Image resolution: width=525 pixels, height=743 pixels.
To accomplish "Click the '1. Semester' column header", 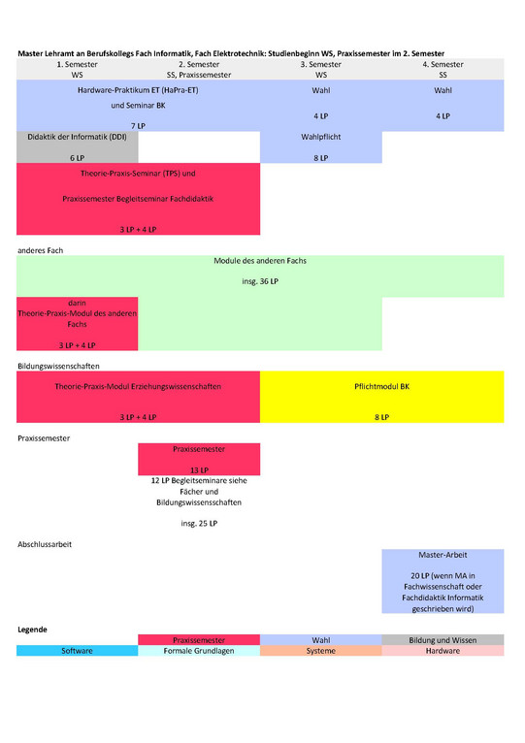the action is (x=77, y=64).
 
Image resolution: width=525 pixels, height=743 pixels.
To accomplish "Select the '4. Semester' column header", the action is (x=443, y=64).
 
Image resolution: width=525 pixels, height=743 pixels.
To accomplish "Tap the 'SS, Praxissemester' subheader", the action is (x=199, y=75).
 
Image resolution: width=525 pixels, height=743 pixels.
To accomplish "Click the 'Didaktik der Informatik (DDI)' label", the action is (x=77, y=137).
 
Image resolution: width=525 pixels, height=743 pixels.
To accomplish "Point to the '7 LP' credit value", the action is (x=138, y=126).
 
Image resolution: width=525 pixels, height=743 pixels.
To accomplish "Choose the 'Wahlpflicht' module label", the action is (x=321, y=137).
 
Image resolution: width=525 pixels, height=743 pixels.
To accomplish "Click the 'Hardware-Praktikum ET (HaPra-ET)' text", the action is (x=138, y=90).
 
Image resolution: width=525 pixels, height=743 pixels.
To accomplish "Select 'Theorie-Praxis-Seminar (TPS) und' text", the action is (x=138, y=174).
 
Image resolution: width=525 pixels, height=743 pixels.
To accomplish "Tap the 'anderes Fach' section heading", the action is (x=41, y=250).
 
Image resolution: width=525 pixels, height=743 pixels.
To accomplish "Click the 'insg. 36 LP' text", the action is (x=260, y=281).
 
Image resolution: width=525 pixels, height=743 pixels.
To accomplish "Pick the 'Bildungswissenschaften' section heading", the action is (x=58, y=367).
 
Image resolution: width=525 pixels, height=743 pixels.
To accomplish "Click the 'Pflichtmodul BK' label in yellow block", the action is (x=381, y=387).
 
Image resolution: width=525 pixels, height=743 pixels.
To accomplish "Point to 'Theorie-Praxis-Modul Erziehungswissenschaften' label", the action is (x=138, y=387).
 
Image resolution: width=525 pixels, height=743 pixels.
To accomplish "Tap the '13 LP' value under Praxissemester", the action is (x=199, y=470).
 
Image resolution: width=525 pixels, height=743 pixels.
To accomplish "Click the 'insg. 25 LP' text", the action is (x=199, y=524).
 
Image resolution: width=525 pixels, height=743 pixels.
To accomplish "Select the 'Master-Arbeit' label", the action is (x=443, y=555).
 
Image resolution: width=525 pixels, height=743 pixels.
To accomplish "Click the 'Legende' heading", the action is (x=32, y=630).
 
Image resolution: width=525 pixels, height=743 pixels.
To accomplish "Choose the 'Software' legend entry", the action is (x=77, y=651).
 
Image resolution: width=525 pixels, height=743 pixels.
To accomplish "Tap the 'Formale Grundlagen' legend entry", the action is (x=199, y=651).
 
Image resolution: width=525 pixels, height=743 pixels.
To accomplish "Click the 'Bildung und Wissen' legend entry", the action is (x=443, y=640).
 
